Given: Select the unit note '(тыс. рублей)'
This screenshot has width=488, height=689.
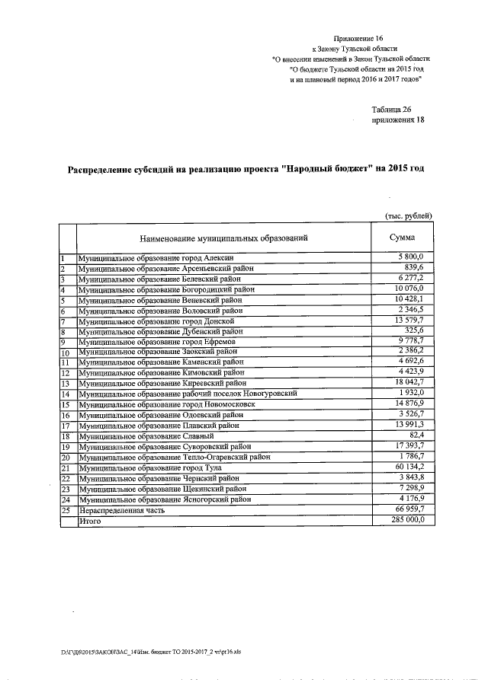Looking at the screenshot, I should point(408,216).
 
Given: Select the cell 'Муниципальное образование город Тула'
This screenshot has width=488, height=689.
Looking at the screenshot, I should point(159,468).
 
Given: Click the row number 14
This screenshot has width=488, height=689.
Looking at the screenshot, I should point(66,394).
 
